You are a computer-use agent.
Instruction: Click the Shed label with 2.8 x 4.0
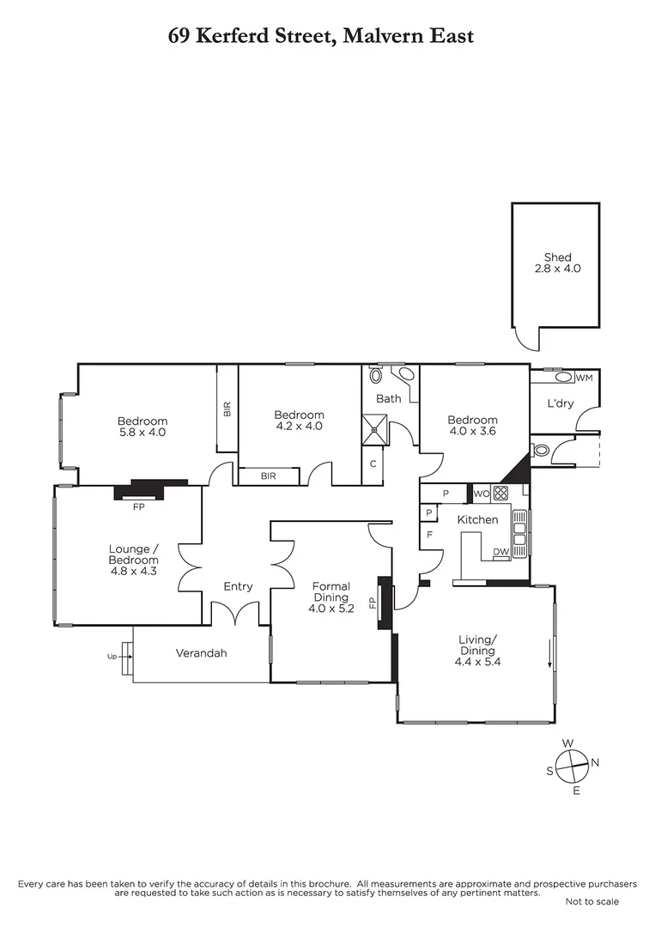click(x=557, y=263)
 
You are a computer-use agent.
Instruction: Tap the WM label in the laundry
click(x=585, y=378)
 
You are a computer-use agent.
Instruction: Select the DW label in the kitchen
click(x=500, y=552)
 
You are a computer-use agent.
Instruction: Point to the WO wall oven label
click(x=481, y=494)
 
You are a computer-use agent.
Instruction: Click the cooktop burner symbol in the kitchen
click(x=501, y=494)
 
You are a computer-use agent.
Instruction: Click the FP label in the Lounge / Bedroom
click(x=138, y=507)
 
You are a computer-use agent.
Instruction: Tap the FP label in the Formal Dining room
click(x=373, y=603)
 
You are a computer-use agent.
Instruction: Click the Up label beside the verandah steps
click(x=112, y=657)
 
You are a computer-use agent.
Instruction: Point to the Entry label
click(x=238, y=587)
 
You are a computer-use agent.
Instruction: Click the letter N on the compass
click(x=595, y=762)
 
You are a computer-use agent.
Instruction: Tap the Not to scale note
click(x=591, y=901)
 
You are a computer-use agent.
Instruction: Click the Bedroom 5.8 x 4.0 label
click(x=143, y=427)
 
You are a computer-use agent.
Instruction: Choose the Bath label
click(x=388, y=398)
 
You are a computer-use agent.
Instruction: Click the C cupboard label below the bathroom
click(x=373, y=464)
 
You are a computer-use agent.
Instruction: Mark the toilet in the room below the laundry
click(x=541, y=450)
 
